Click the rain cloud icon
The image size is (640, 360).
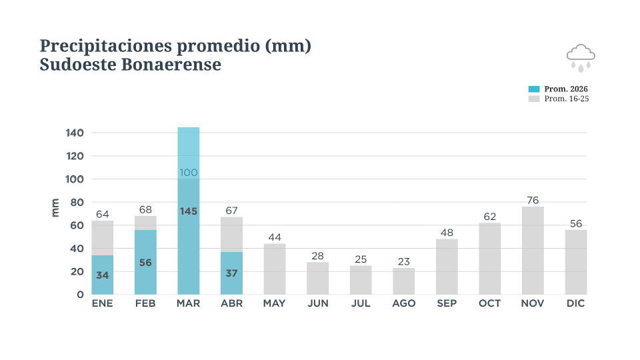coord(581,57)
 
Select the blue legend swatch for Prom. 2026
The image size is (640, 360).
coord(533,89)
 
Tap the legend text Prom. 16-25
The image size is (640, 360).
coord(567,99)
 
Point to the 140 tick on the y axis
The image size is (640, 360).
coord(75,133)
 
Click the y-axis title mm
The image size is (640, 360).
coord(55,207)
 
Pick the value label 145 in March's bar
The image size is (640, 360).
coord(189,211)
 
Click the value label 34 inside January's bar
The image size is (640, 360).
coord(102,274)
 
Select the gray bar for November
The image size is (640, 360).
coord(533,251)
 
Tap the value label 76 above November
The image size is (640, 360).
coord(533,200)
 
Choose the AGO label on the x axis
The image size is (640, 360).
coord(403,303)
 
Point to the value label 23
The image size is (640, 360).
coord(403,262)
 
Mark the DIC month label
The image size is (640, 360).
coord(576,303)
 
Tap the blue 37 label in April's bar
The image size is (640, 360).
coord(231,273)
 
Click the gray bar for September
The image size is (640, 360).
coord(447,267)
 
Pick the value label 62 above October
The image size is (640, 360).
coord(490,216)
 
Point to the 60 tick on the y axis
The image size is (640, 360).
coord(76,225)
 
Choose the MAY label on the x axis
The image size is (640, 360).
coord(274,303)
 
